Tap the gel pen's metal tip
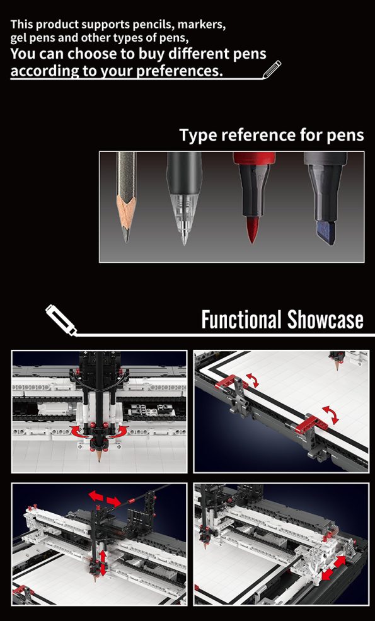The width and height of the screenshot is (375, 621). tap(184, 238)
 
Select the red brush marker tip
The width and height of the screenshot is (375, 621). tap(251, 230)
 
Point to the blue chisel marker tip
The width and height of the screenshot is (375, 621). tap(326, 233)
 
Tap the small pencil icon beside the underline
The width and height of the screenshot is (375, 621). tap(272, 69)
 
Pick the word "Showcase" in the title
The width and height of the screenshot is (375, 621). tap(325, 319)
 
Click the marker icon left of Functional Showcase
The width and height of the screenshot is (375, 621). tap(61, 320)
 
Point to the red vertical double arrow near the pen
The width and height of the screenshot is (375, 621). tap(103, 562)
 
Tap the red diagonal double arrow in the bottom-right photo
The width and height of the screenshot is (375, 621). tap(333, 568)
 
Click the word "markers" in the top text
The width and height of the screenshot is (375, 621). tap(202, 25)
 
